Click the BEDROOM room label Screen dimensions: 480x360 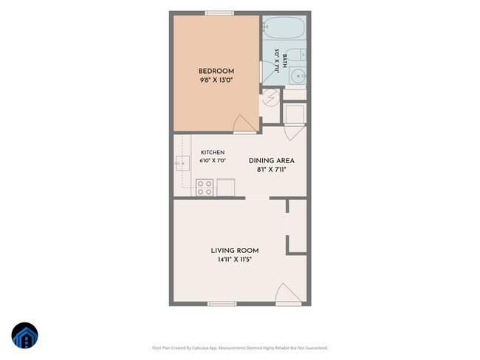coord(216,72)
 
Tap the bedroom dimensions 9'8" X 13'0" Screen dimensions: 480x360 coord(216,80)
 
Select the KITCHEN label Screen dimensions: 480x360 coord(213,152)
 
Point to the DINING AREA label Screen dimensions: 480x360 coord(272,161)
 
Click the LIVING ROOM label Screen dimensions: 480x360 coord(235,251)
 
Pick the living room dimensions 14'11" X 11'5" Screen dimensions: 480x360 coord(235,260)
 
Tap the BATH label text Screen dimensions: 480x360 coord(285,61)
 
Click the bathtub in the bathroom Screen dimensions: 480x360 coord(284,27)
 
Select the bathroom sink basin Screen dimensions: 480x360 coord(298,76)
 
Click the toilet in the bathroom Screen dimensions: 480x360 coord(296,55)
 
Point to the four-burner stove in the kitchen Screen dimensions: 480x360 coord(205,187)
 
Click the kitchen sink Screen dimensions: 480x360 coord(182,163)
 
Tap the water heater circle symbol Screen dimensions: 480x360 coord(271,97)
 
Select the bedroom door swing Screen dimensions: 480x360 coord(244,125)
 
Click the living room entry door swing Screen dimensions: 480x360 coord(288,294)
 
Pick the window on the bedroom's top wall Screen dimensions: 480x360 coord(219,13)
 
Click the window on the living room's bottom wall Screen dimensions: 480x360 coord(222,304)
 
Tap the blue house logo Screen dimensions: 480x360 coord(25,335)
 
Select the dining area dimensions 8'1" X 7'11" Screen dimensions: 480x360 coord(272,170)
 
